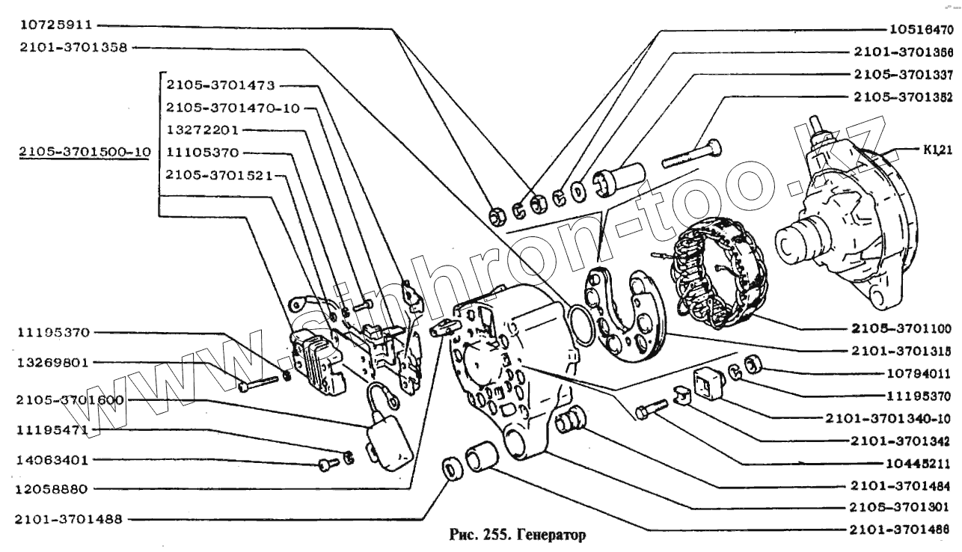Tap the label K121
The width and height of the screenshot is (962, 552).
(x=936, y=150)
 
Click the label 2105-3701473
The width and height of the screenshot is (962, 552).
(x=212, y=85)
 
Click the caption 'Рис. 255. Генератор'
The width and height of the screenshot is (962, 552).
(x=516, y=535)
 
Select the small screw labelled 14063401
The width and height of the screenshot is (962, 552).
(x=326, y=464)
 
